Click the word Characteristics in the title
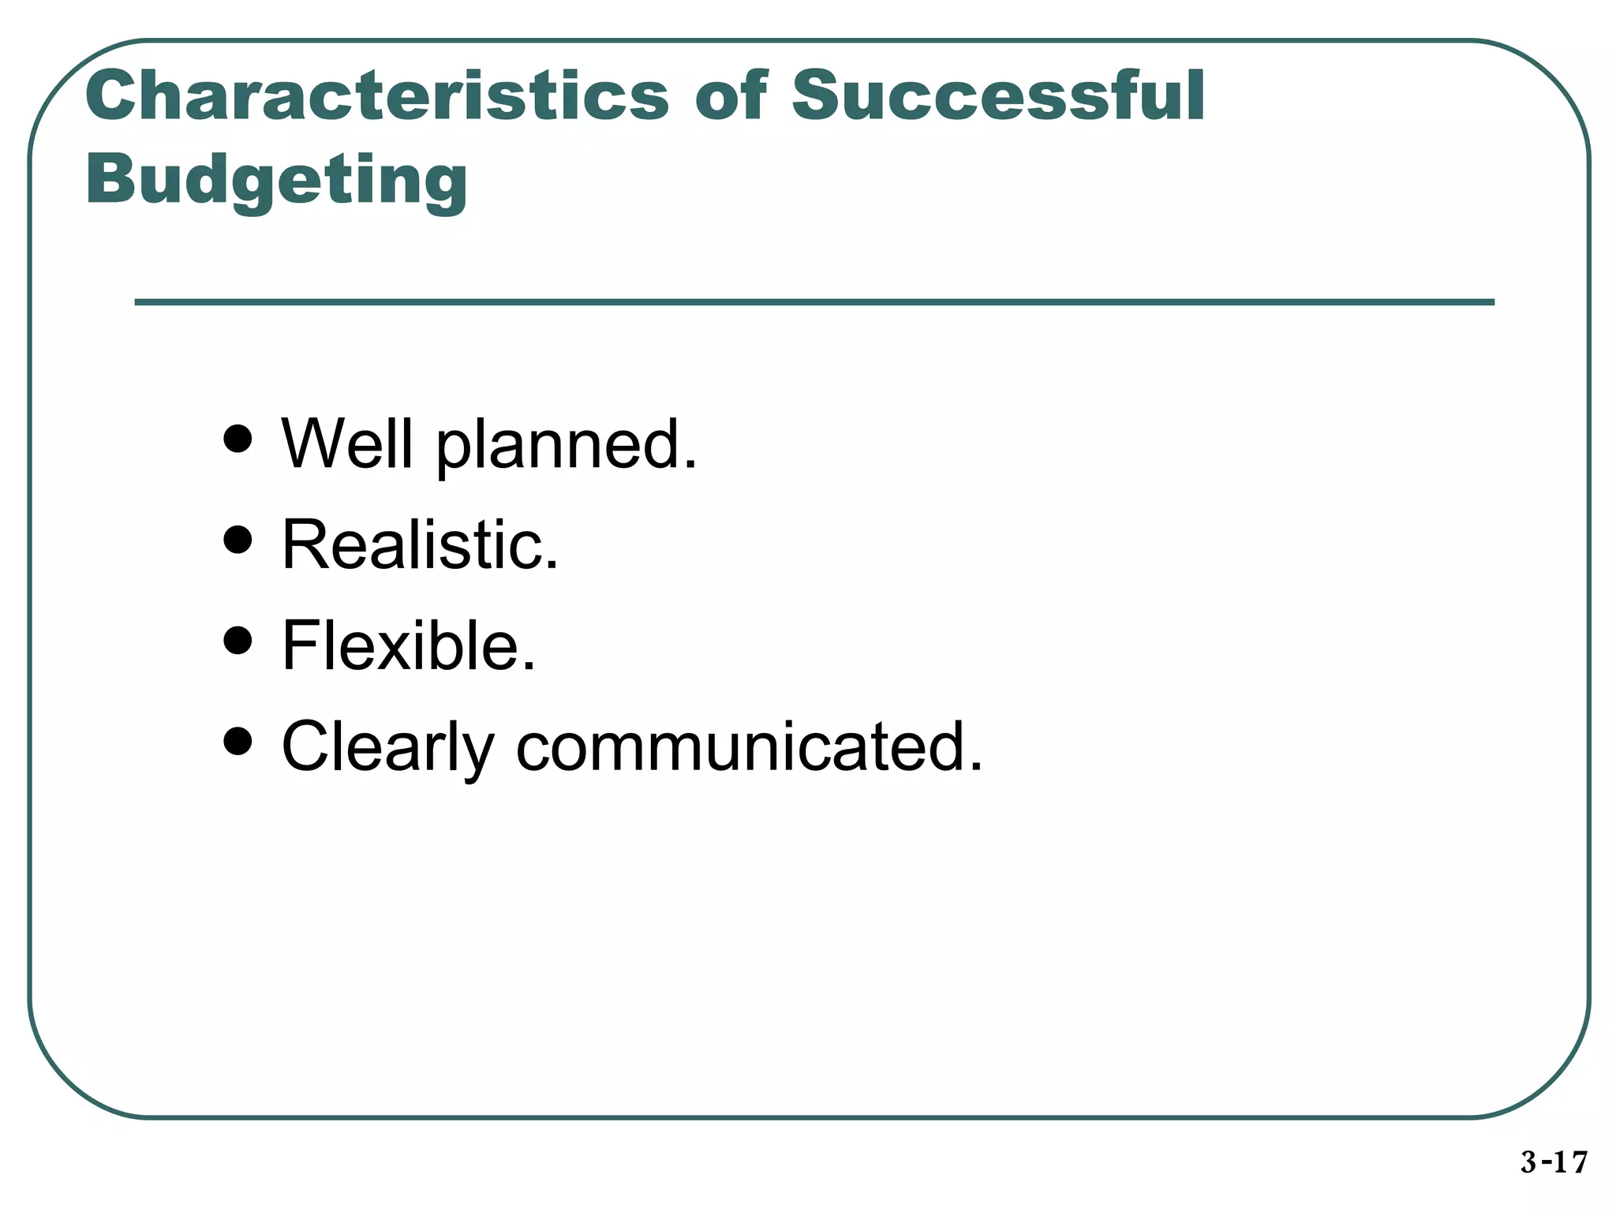pyautogui.click(x=377, y=96)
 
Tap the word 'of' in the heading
pyautogui.click(x=730, y=96)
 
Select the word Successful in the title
pyautogui.click(x=997, y=96)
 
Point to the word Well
pyautogui.click(x=347, y=443)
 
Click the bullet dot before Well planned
pyautogui.click(x=238, y=439)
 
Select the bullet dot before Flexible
pyautogui.click(x=238, y=641)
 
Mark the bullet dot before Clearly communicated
pyautogui.click(x=238, y=741)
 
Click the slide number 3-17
pyautogui.click(x=1554, y=1162)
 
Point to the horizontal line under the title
pyautogui.click(x=814, y=302)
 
